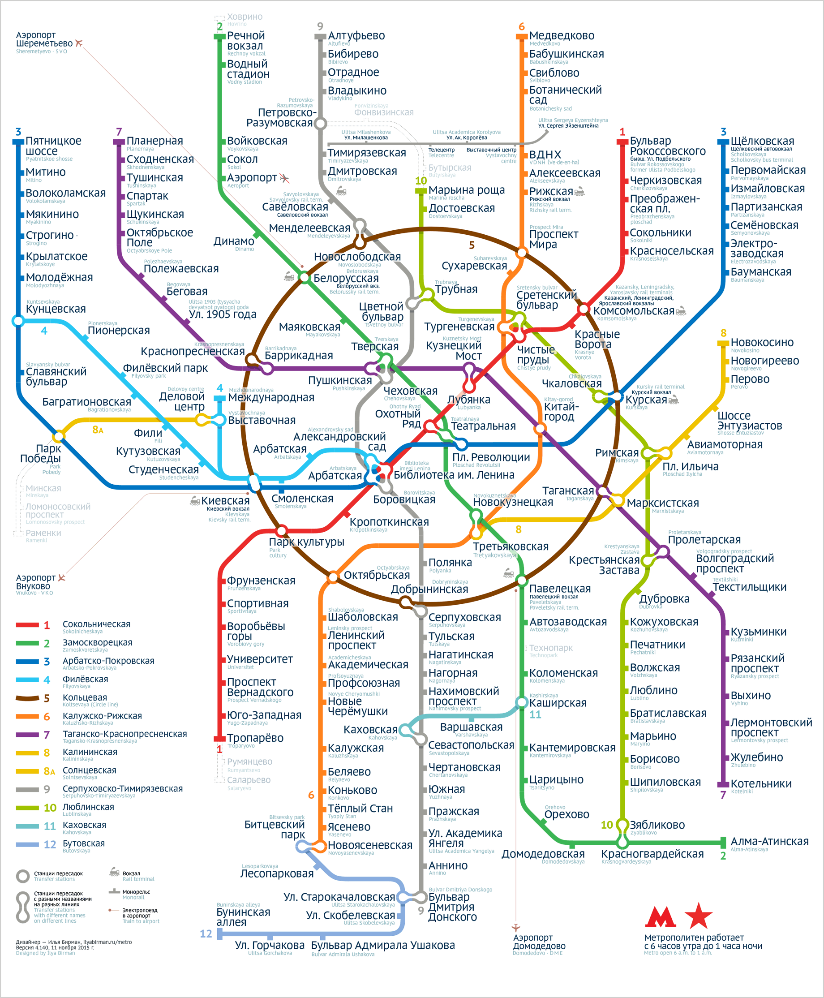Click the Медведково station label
point(562,35)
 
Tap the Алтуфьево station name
point(356,35)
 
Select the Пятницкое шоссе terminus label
point(54,146)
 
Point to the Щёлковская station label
point(762,141)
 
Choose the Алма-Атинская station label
point(769,841)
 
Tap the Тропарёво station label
point(255,737)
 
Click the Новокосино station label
point(762,342)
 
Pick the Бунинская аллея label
point(243,917)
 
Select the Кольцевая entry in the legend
point(85,697)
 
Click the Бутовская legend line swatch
point(27,844)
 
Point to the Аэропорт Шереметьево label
point(44,39)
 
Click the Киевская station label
point(225,500)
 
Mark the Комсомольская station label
point(634,310)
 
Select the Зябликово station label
point(657,825)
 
